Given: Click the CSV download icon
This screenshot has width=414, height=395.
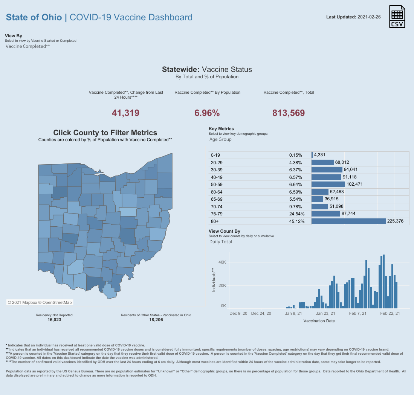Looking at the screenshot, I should (x=397, y=17).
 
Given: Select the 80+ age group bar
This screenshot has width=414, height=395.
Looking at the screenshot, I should (x=348, y=221).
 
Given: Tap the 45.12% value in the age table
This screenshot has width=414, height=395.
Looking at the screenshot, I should (x=296, y=221).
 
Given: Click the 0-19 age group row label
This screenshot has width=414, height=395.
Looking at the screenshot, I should (x=215, y=155).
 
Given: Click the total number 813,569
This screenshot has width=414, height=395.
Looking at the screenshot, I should (x=289, y=113).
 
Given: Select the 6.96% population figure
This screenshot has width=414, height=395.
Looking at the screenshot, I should (x=207, y=113).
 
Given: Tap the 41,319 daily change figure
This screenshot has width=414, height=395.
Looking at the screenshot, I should (x=126, y=113).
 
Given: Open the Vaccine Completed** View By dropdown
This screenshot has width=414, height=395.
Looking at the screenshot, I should (x=28, y=46).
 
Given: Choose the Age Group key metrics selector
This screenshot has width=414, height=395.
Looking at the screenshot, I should (x=220, y=139).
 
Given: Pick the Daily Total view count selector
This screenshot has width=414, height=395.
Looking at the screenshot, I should (x=221, y=242).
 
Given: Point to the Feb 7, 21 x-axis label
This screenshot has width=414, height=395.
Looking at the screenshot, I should (x=357, y=313).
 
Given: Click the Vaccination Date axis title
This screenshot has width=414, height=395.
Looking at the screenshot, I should (x=319, y=321).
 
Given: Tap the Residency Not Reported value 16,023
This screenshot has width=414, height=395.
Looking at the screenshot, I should (x=54, y=320).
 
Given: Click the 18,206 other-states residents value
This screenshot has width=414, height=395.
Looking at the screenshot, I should (x=156, y=320).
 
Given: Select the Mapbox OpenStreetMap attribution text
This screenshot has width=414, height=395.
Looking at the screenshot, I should (x=40, y=302).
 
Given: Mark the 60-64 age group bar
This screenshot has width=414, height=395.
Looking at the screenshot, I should (x=320, y=192).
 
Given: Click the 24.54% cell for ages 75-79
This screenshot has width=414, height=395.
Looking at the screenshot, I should (x=296, y=214).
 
